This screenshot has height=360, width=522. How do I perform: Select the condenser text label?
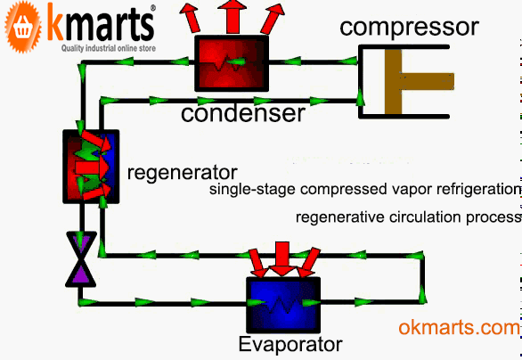coord(243,113)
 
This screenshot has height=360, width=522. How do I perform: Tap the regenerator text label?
coord(183,170)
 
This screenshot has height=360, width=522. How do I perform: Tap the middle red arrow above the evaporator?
coord(282,256)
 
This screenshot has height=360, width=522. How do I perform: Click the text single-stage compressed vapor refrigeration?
coord(363,190)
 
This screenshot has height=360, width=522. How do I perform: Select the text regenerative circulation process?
coord(407,217)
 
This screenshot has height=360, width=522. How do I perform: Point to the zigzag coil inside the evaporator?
coord(282,303)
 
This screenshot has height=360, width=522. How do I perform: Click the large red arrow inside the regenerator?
coord(90,167)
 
